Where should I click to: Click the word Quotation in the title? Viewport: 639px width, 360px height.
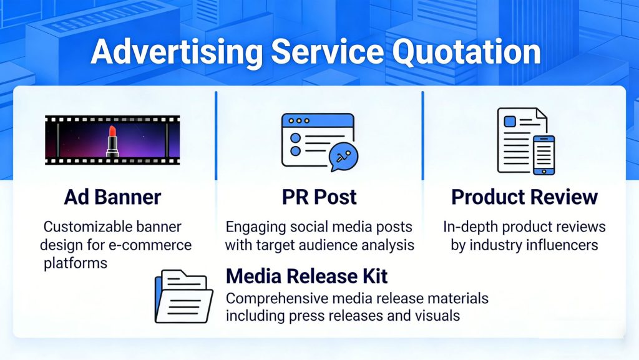pyautogui.click(x=466, y=52)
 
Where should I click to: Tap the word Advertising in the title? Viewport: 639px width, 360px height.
pyautogui.click(x=177, y=53)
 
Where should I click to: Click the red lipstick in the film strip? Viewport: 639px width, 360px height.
pyautogui.click(x=112, y=141)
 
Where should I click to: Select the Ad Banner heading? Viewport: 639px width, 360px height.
pyautogui.click(x=112, y=197)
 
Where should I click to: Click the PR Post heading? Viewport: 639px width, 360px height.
pyautogui.click(x=319, y=197)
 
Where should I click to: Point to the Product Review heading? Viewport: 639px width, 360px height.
pyautogui.click(x=524, y=197)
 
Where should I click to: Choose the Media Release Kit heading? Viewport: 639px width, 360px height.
pyautogui.click(x=306, y=276)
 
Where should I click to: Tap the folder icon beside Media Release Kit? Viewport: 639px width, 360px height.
pyautogui.click(x=184, y=296)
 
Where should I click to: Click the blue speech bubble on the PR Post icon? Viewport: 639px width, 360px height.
pyautogui.click(x=344, y=157)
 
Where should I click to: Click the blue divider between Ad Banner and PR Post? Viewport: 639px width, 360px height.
pyautogui.click(x=216, y=135)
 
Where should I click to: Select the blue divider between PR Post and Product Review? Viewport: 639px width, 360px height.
pyautogui.click(x=422, y=135)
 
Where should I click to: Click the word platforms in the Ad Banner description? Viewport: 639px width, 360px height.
pyautogui.click(x=76, y=263)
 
